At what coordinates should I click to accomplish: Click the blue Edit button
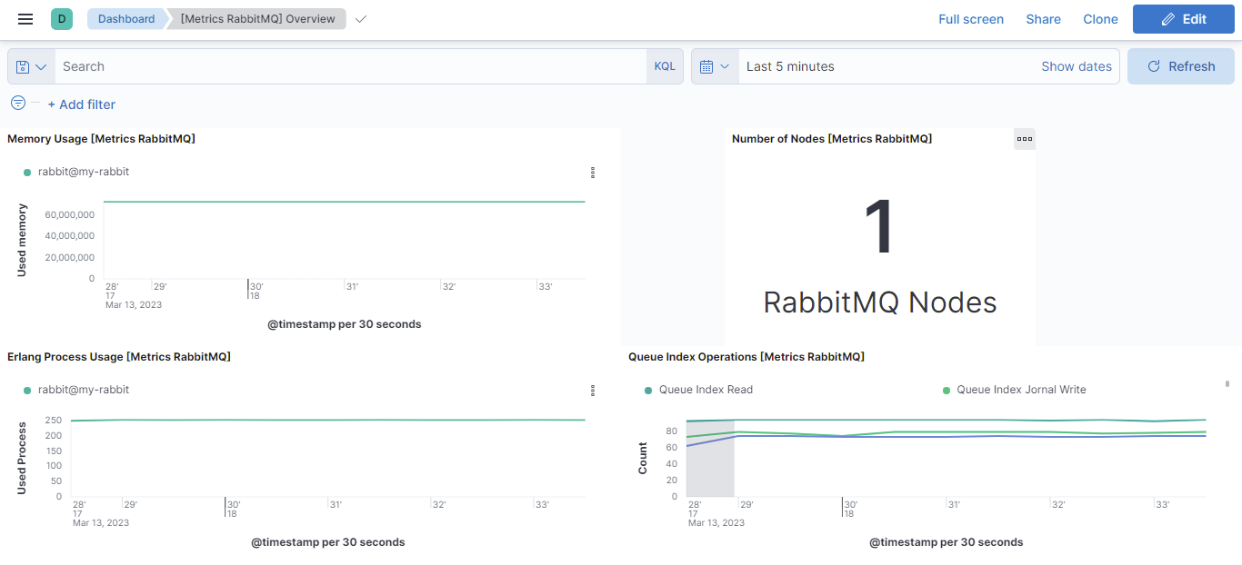point(1183,19)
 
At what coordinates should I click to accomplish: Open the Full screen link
point(971,19)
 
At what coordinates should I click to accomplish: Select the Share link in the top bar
point(1043,19)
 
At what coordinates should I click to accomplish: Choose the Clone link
point(1100,19)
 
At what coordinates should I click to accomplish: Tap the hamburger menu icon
point(25,19)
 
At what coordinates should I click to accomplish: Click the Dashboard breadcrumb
point(126,19)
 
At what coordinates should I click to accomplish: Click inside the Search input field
point(350,66)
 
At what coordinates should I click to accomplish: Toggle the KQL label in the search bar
point(665,66)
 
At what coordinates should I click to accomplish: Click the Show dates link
point(1077,66)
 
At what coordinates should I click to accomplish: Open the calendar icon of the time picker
point(714,66)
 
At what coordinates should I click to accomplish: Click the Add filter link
point(82,104)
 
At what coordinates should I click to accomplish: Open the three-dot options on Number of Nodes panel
point(1025,139)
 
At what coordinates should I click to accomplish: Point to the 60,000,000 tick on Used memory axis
point(70,214)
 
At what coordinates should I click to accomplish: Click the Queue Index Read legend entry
point(698,390)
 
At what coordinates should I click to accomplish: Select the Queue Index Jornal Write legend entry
point(1014,390)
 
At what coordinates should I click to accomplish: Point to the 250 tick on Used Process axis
point(54,420)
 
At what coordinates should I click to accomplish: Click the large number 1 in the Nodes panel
point(879,226)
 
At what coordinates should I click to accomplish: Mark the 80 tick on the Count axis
point(671,431)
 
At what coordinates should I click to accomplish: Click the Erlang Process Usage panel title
point(119,357)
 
